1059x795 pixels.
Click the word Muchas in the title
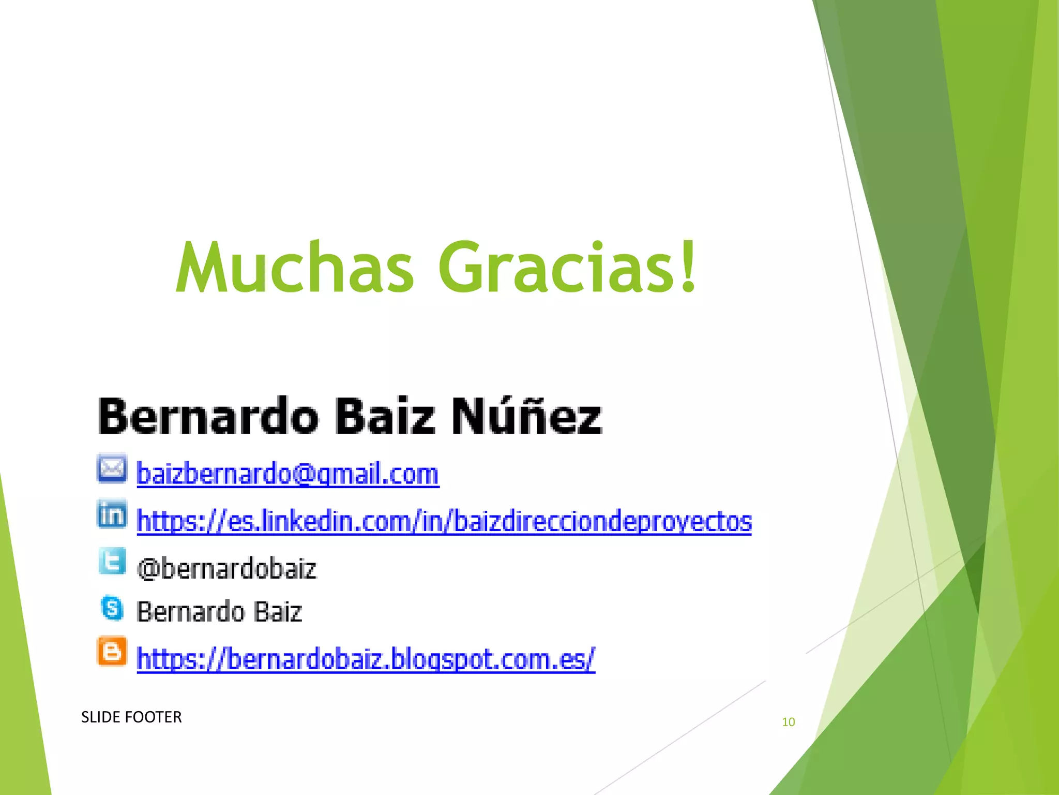click(x=295, y=268)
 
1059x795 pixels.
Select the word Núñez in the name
click(x=527, y=416)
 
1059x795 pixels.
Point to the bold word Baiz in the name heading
click(x=385, y=417)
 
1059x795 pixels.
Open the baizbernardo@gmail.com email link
click(x=288, y=474)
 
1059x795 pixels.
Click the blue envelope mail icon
click(x=112, y=468)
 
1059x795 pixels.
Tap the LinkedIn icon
click(x=112, y=514)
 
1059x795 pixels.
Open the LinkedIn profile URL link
click(x=444, y=521)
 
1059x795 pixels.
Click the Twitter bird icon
click(x=112, y=561)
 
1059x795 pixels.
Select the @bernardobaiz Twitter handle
click(x=226, y=569)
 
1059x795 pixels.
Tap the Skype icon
click(x=112, y=608)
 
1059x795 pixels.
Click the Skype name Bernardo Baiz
click(x=219, y=612)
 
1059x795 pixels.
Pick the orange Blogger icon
click(x=112, y=651)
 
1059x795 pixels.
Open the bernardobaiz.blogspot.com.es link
click(x=366, y=659)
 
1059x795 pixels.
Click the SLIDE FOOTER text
click(x=131, y=717)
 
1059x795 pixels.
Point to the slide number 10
click(x=788, y=722)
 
